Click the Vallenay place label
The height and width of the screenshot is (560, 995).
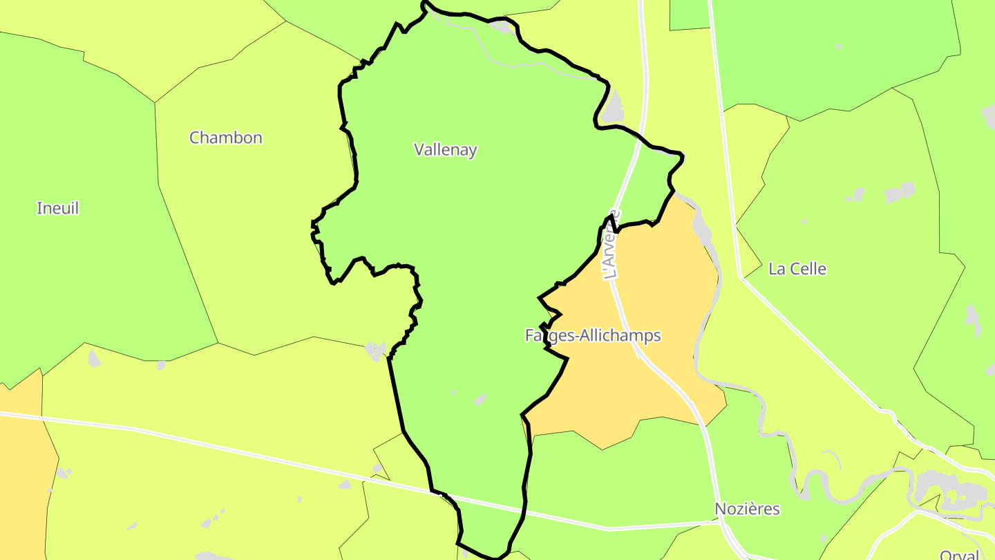click(445, 149)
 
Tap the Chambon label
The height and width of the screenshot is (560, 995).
click(226, 138)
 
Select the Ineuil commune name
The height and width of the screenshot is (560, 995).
click(57, 208)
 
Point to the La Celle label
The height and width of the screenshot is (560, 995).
click(797, 269)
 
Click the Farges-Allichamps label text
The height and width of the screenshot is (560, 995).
click(593, 336)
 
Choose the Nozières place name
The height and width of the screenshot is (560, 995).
click(747, 510)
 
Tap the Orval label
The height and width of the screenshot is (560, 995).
click(959, 554)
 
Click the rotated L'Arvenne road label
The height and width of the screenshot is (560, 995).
click(612, 245)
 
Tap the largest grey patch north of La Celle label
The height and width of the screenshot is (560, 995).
click(899, 192)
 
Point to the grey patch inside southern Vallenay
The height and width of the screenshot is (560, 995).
click(480, 400)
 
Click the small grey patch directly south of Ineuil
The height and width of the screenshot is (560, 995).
click(93, 357)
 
